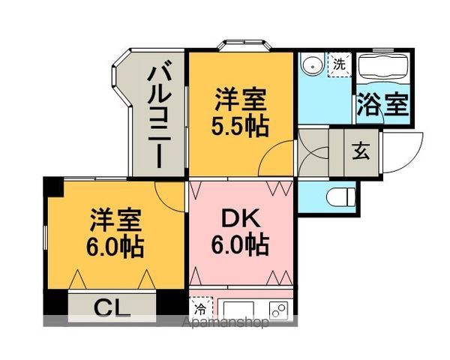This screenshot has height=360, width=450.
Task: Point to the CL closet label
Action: coord(112,307)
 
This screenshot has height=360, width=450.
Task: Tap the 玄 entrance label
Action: coord(361,151)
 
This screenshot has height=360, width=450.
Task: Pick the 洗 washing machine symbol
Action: coord(340,64)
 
